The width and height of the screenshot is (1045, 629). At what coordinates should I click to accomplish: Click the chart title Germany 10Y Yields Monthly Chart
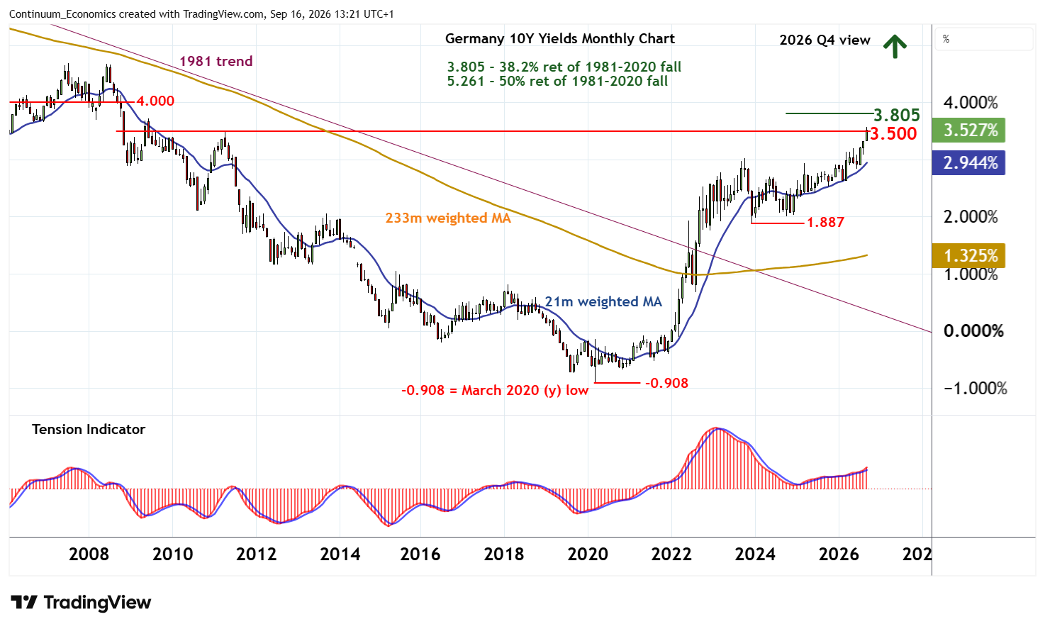click(560, 38)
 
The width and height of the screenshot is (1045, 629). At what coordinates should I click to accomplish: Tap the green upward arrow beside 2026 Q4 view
click(895, 47)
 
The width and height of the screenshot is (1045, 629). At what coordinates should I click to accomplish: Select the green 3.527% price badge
click(968, 130)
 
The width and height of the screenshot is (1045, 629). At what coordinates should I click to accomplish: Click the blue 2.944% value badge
click(968, 163)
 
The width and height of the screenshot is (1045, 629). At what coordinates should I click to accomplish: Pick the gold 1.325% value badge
click(968, 256)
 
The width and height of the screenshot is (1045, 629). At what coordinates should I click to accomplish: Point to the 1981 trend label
click(216, 61)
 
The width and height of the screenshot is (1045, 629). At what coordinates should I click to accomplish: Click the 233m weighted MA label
click(448, 218)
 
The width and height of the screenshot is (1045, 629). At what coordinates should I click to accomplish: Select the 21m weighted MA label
click(603, 301)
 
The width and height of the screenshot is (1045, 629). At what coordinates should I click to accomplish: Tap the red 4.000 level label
click(155, 101)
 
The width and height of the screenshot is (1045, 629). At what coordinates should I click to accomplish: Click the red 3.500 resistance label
click(893, 134)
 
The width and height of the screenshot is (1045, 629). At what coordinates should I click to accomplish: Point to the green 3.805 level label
click(897, 115)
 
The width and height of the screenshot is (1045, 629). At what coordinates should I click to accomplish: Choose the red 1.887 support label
click(825, 222)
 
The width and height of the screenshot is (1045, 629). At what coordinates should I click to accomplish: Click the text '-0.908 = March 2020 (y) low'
click(495, 390)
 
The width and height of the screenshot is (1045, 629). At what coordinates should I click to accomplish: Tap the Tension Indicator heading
click(89, 429)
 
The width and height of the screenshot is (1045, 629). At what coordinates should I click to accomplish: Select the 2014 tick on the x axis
click(340, 555)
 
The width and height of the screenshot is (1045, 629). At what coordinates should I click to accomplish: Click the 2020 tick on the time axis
click(588, 555)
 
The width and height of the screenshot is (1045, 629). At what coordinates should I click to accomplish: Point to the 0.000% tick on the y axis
click(973, 331)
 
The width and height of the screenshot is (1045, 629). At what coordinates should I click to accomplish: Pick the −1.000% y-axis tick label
click(975, 388)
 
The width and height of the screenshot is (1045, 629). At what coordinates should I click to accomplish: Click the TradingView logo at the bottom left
click(81, 602)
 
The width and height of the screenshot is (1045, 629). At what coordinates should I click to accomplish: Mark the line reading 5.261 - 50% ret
click(557, 81)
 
